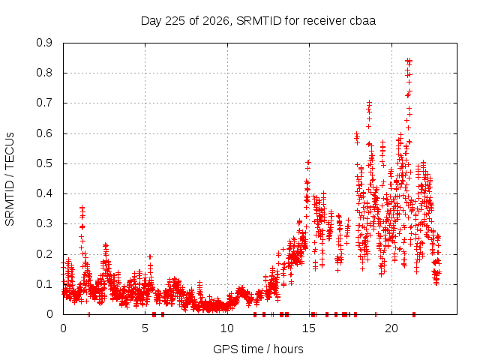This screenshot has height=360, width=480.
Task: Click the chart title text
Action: click(258, 21)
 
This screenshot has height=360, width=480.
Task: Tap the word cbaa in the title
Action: click(361, 21)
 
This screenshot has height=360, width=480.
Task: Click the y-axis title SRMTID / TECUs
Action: click(10, 179)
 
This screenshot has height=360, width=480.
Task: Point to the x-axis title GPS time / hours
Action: click(258, 349)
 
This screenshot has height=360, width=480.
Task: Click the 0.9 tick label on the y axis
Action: click(44, 43)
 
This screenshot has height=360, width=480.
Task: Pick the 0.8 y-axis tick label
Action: click(44, 73)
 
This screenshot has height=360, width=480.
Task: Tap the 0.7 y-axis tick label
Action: click(44, 103)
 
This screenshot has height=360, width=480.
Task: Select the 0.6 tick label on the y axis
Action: click(44, 133)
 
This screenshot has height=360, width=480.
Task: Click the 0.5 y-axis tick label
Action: click(44, 163)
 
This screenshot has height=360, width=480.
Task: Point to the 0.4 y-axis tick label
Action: click(44, 193)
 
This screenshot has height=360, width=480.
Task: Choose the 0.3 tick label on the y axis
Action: click(44, 223)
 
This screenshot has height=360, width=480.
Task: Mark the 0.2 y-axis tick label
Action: click(44, 253)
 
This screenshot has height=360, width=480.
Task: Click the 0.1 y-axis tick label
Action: click(44, 283)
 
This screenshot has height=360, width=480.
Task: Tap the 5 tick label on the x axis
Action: click(145, 328)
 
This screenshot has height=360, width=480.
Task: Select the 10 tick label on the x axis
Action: click(227, 328)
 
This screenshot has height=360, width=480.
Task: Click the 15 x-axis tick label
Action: click(309, 328)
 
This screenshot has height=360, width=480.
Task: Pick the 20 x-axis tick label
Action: click(391, 328)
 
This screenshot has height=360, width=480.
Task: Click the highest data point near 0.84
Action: click(408, 61)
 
